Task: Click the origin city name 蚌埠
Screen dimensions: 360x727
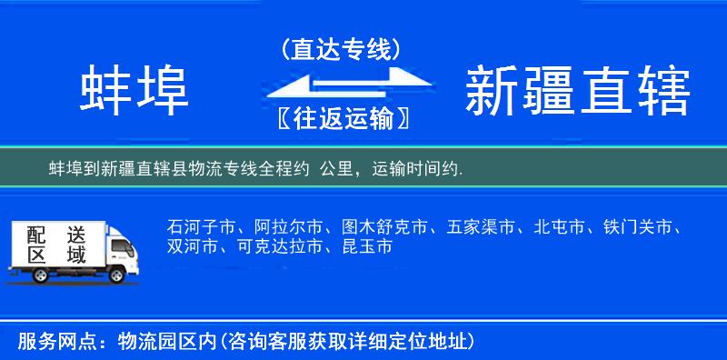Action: (x=134, y=90)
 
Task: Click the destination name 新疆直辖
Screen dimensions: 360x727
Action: (x=577, y=90)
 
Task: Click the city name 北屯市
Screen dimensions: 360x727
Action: (x=560, y=226)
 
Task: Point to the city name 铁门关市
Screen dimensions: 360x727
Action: (x=639, y=226)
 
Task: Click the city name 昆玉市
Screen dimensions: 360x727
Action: (x=368, y=246)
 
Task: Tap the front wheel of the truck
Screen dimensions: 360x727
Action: (x=116, y=275)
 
